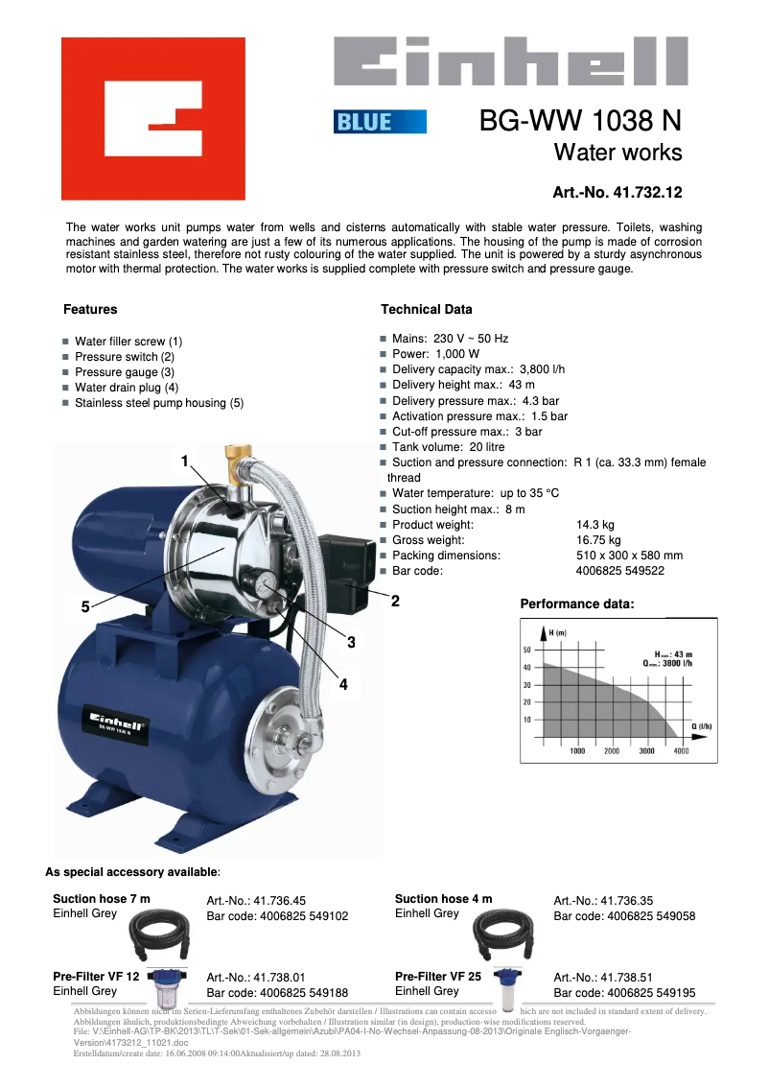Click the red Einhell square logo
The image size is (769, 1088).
pos(153,118)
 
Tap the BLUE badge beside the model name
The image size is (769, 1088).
pos(380,122)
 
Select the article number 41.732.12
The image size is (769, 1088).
pos(618,193)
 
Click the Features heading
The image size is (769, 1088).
pos(90,310)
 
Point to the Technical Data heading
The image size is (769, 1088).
pos(427,310)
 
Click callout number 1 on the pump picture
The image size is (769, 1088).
pos(185,461)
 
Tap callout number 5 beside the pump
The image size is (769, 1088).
pos(85,606)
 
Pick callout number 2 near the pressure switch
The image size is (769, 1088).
pos(394,602)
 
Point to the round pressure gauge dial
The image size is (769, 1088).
pos(266,583)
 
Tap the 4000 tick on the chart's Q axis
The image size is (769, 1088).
pos(681,751)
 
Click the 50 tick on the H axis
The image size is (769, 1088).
pos(526,650)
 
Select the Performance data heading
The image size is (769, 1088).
pos(577,604)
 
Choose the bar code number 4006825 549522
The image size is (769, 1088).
pos(619,571)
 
